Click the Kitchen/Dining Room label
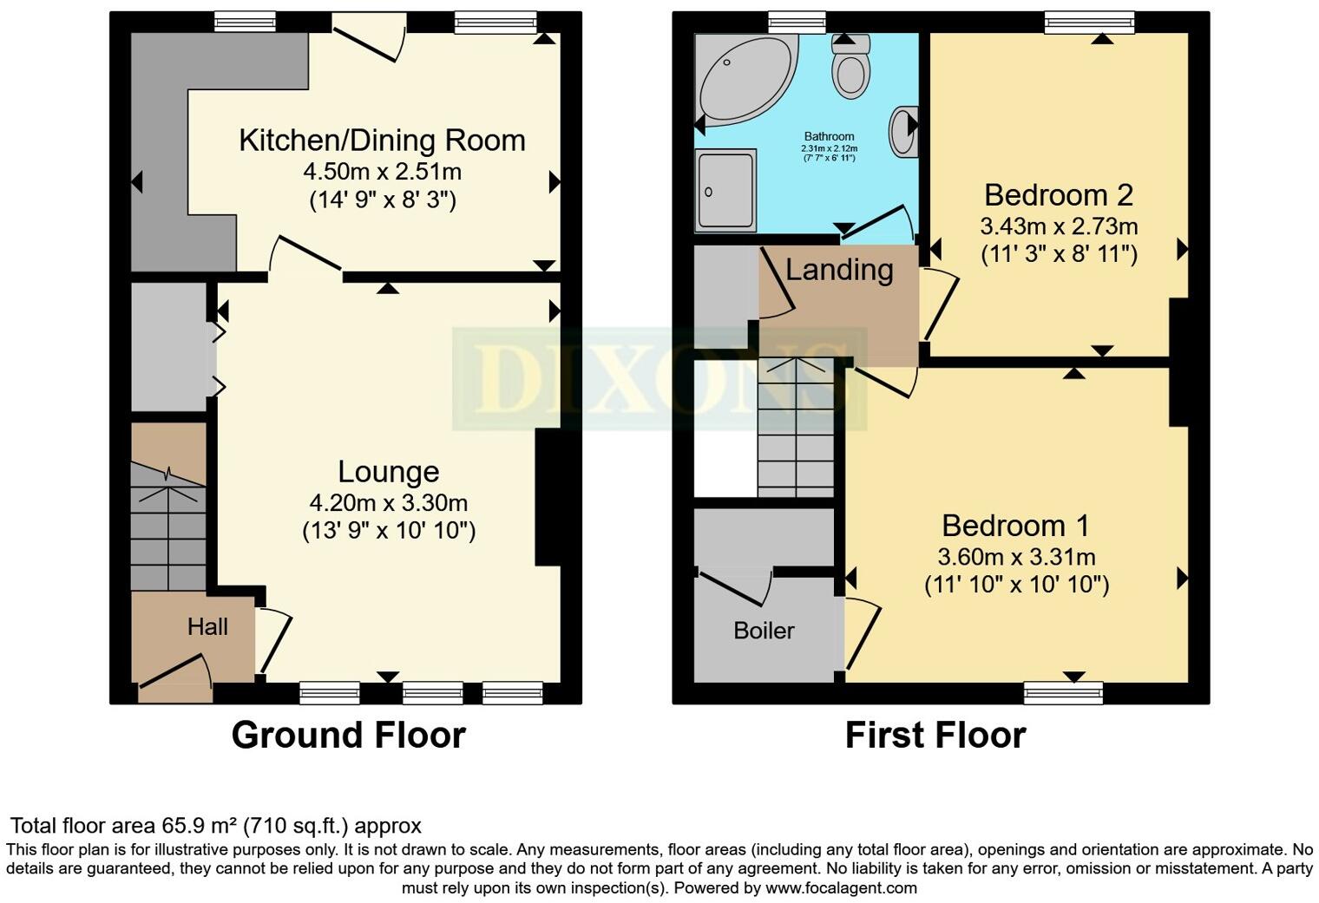tap(382, 141)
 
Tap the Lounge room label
tap(388, 472)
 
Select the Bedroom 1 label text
tap(1015, 526)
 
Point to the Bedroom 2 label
tap(1058, 195)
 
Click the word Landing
tap(839, 270)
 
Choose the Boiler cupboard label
tap(764, 631)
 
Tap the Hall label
tap(207, 627)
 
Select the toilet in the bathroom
tap(850, 69)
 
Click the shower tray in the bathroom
tap(725, 191)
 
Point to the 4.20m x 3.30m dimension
tap(388, 503)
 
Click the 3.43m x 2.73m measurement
tap(1058, 227)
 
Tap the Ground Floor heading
tap(348, 736)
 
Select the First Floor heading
tap(935, 736)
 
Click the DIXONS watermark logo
tap(659, 380)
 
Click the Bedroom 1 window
tap(1063, 691)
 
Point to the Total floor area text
tap(215, 826)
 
